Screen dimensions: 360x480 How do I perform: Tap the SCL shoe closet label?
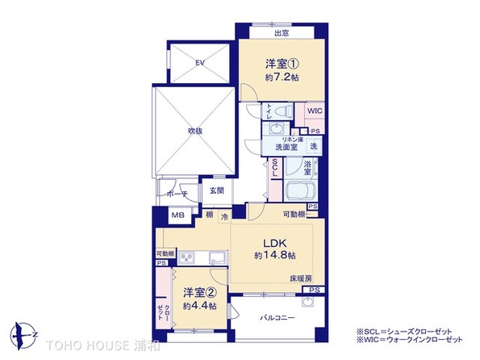tap(275, 167)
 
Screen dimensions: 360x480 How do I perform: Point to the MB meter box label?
tap(177, 216)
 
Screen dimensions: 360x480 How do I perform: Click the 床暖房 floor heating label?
tap(301, 278)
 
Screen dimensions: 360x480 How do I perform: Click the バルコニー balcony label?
tap(276, 317)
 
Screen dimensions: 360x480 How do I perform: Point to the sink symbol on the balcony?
tap(309, 303)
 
